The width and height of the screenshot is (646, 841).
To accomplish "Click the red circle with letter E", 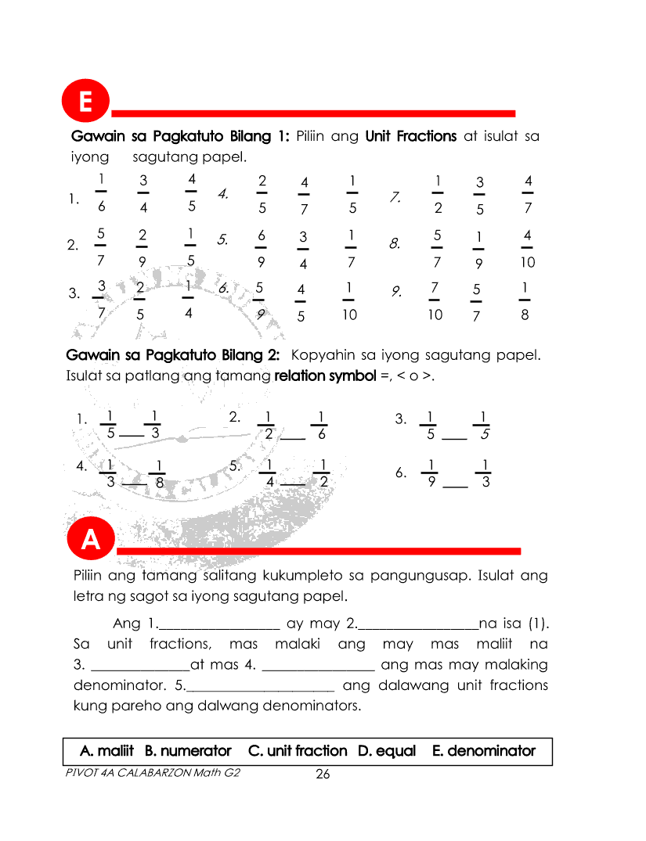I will pyautogui.click(x=85, y=103).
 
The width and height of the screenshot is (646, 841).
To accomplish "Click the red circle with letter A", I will pyautogui.click(x=92, y=541).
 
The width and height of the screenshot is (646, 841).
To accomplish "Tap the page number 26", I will pyautogui.click(x=323, y=775).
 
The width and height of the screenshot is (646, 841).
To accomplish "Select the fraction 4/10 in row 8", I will pyautogui.click(x=528, y=248).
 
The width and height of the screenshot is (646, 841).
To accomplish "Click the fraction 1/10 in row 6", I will pyautogui.click(x=348, y=301).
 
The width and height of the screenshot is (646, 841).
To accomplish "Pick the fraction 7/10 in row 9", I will pyautogui.click(x=435, y=301).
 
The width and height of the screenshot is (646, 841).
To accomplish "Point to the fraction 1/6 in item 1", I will pyautogui.click(x=101, y=193).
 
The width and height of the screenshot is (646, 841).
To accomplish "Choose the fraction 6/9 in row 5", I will pyautogui.click(x=262, y=248).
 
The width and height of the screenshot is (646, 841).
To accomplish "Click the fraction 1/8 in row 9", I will pyautogui.click(x=525, y=301).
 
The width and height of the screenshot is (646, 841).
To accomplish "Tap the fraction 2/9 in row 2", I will pyautogui.click(x=143, y=248).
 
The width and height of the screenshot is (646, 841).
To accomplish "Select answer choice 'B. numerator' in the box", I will pyautogui.click(x=188, y=751).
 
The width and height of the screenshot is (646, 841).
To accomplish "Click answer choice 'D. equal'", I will pyautogui.click(x=387, y=751).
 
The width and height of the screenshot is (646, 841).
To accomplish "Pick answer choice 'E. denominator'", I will pyautogui.click(x=484, y=751).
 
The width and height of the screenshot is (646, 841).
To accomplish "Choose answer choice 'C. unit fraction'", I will pyautogui.click(x=298, y=751).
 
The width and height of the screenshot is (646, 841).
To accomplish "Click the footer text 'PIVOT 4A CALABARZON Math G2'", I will pyautogui.click(x=153, y=773).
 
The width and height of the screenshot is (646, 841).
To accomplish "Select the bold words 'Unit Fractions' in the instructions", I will pyautogui.click(x=411, y=136).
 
